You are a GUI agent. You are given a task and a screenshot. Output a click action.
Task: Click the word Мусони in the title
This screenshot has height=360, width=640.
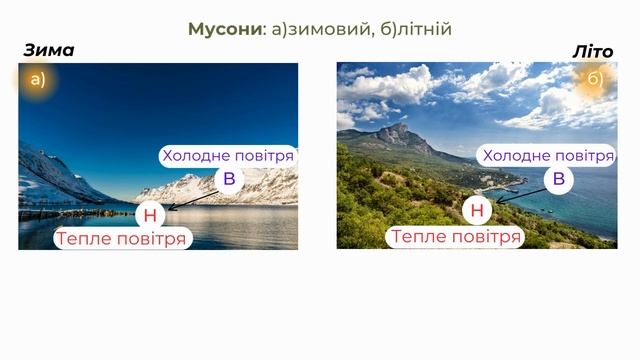click(x=225, y=29)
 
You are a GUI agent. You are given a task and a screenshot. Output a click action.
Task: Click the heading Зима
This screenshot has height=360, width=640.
click(x=48, y=51)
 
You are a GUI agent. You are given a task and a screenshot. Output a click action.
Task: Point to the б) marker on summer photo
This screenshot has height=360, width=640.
click(x=595, y=80)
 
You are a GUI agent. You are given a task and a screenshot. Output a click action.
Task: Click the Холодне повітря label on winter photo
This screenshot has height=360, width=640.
click(x=228, y=156)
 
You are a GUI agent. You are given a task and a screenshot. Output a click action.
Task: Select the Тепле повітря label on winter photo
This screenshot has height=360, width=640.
click(x=121, y=239)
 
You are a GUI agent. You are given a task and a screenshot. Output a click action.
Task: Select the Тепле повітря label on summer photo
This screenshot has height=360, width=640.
click(x=455, y=237)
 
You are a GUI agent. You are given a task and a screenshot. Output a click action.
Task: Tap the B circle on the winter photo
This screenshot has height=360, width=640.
click(x=229, y=180)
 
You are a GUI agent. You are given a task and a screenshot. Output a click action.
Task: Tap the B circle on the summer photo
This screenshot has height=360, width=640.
click(x=558, y=179)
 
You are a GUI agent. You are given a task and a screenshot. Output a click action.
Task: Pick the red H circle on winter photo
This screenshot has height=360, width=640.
click(x=150, y=214)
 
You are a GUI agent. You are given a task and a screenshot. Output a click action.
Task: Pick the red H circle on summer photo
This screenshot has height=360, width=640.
click(x=477, y=210)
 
